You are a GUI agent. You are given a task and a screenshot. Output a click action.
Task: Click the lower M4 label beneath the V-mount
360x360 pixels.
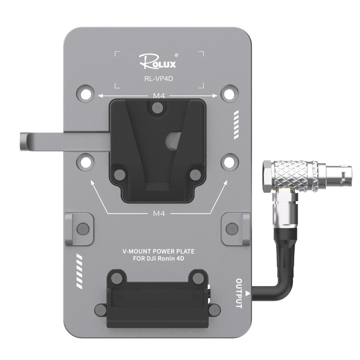click(x=159, y=213)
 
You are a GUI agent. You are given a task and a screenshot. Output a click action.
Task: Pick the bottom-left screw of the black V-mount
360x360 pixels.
click(x=120, y=175)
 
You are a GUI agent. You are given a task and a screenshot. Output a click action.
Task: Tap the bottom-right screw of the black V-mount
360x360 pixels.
click(x=194, y=175)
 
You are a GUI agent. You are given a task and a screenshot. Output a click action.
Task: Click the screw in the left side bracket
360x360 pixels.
click(x=83, y=229)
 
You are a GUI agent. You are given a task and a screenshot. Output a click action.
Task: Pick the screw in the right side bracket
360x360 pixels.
click(x=232, y=229)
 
